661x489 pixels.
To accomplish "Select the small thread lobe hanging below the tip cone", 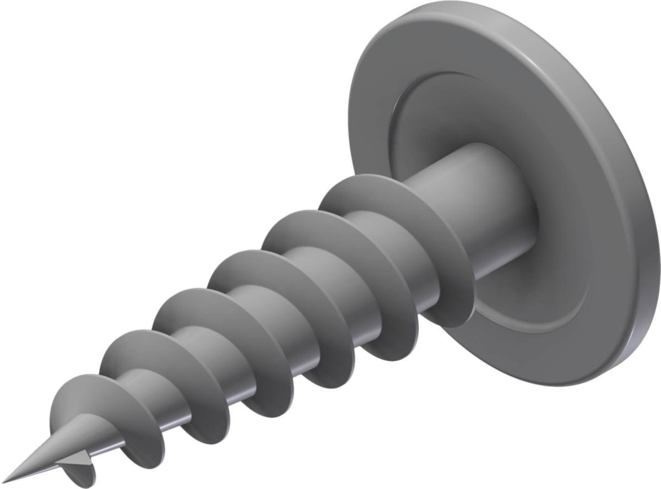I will tap(83, 474).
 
